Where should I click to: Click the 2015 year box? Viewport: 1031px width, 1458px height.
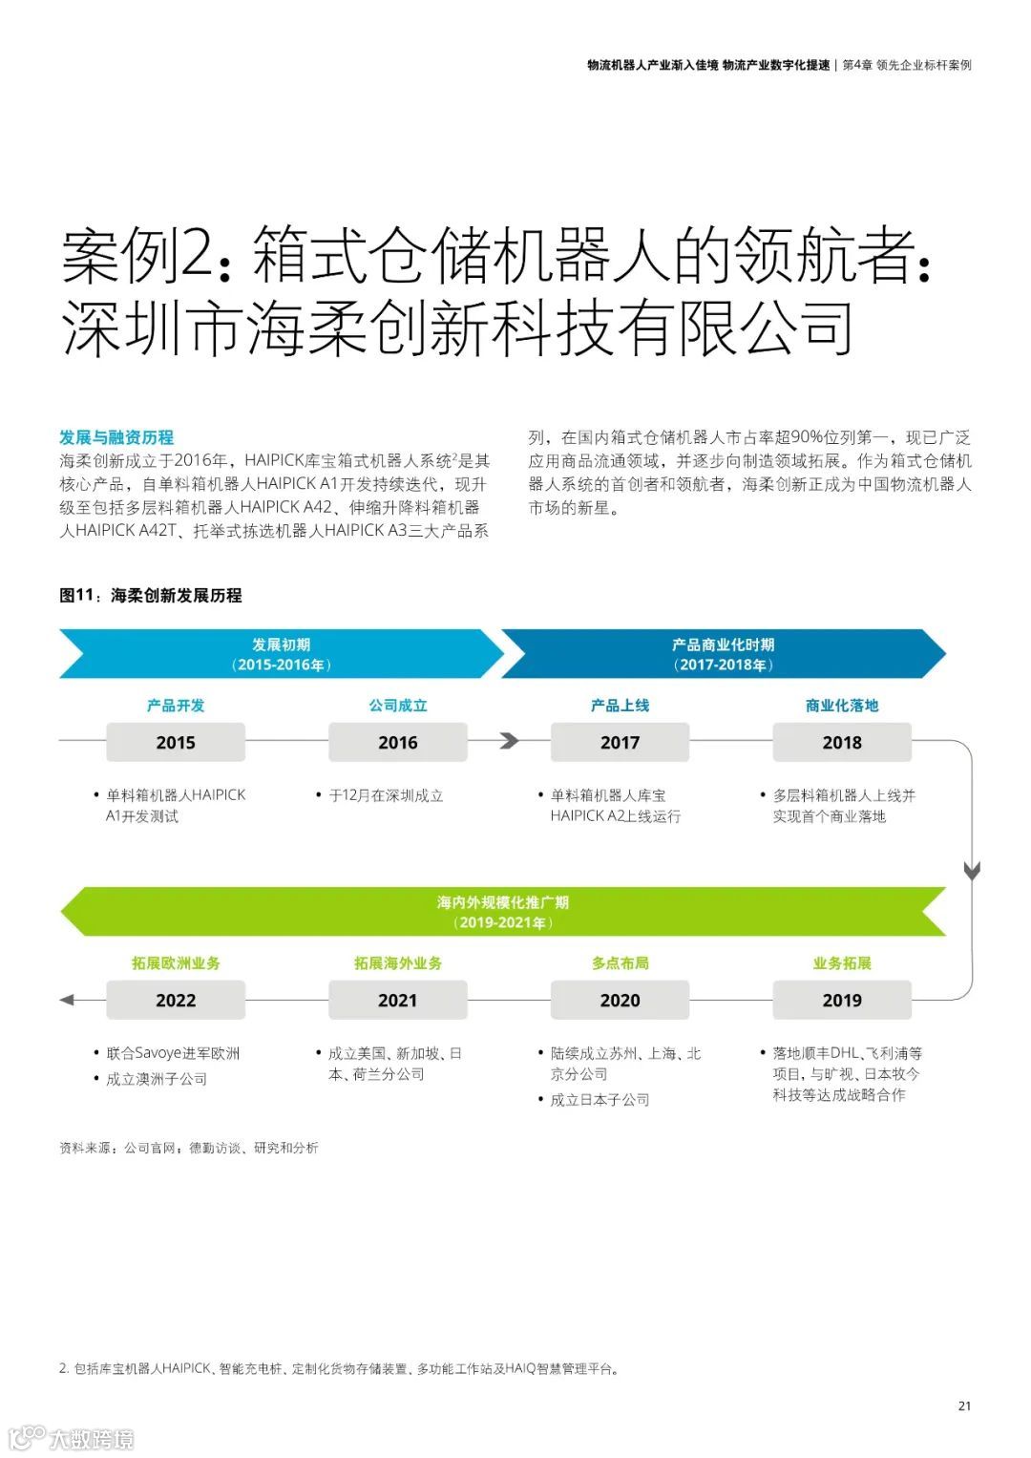coord(176,742)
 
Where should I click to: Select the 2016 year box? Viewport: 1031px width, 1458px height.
coord(397,742)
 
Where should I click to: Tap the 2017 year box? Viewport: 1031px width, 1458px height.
coord(620,742)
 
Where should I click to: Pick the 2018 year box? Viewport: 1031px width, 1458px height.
coord(841,742)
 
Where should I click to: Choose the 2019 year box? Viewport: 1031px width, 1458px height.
coord(841,1000)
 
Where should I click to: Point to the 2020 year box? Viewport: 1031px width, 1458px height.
coord(620,1000)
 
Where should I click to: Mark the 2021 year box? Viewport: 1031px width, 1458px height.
coord(397,1000)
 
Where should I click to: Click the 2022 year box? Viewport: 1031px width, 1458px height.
coord(176,1000)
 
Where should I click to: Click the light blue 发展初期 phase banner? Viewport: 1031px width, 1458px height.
coord(281,654)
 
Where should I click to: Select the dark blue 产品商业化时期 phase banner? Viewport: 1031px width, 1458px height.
coord(723,654)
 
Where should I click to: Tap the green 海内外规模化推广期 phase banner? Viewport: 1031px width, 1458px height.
coord(502,912)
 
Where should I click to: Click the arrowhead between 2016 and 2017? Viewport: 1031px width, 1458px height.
coord(510,741)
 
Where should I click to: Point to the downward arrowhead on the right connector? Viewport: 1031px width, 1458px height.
coord(972,871)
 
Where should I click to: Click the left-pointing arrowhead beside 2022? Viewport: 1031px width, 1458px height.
coord(67,1000)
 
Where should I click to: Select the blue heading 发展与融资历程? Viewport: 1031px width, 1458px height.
coord(116,437)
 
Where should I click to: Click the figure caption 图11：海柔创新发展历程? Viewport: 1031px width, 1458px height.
coord(151,595)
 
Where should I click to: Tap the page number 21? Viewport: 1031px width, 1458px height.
coord(964,1405)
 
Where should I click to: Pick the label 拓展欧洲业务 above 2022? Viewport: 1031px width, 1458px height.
coord(176,963)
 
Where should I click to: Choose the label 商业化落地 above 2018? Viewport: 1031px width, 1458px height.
coord(841,706)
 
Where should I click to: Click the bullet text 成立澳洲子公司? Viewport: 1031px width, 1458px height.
coord(157,1079)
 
